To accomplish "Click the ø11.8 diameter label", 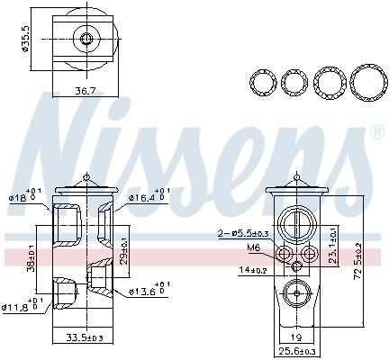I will click(21, 308).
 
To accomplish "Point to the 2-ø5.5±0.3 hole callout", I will click(239, 233).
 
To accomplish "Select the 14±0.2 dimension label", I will click(252, 269).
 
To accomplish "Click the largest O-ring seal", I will click(366, 83).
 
